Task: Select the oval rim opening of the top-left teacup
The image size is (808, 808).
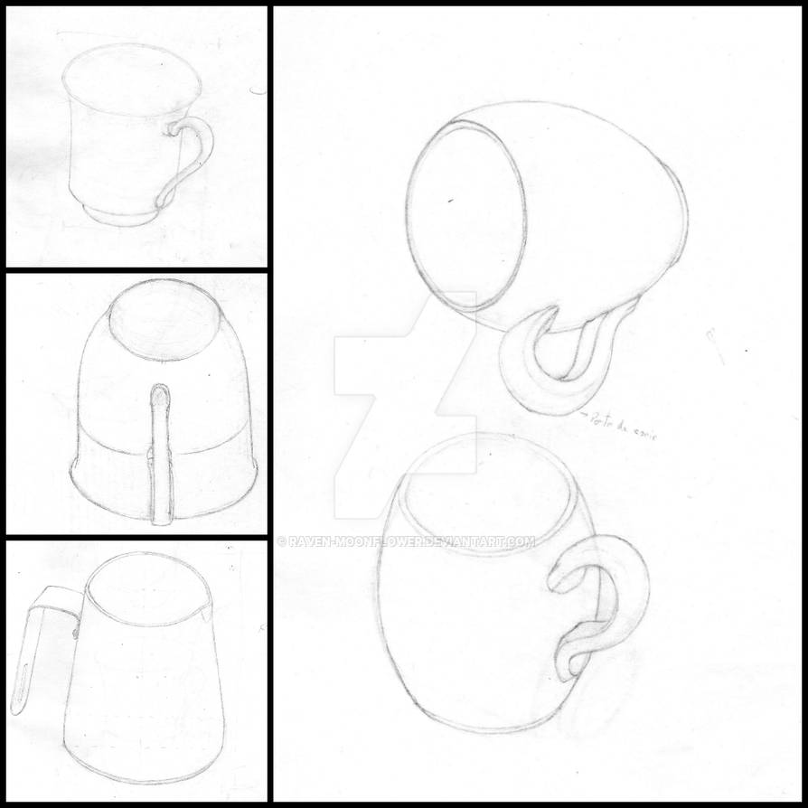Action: pos(132,80)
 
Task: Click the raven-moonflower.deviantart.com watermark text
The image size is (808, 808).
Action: pos(407,542)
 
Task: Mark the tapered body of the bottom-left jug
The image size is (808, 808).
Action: pos(140,696)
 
